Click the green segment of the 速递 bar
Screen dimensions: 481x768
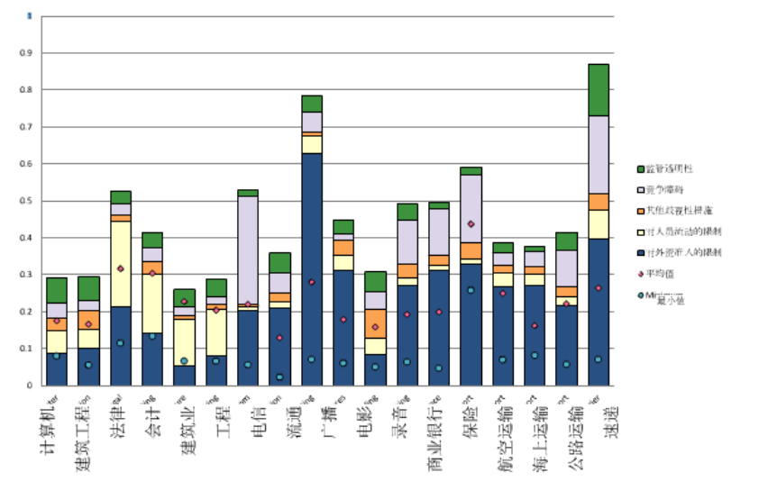click(x=599, y=90)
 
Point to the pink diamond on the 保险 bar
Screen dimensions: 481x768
click(x=471, y=224)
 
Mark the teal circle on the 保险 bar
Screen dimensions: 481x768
click(x=471, y=290)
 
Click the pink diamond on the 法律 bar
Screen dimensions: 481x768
click(x=121, y=268)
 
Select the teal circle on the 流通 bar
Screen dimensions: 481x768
click(x=279, y=377)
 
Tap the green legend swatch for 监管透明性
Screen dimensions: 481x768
click(x=642, y=168)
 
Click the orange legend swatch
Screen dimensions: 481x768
click(x=642, y=210)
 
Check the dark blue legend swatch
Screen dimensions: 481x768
click(x=642, y=252)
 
